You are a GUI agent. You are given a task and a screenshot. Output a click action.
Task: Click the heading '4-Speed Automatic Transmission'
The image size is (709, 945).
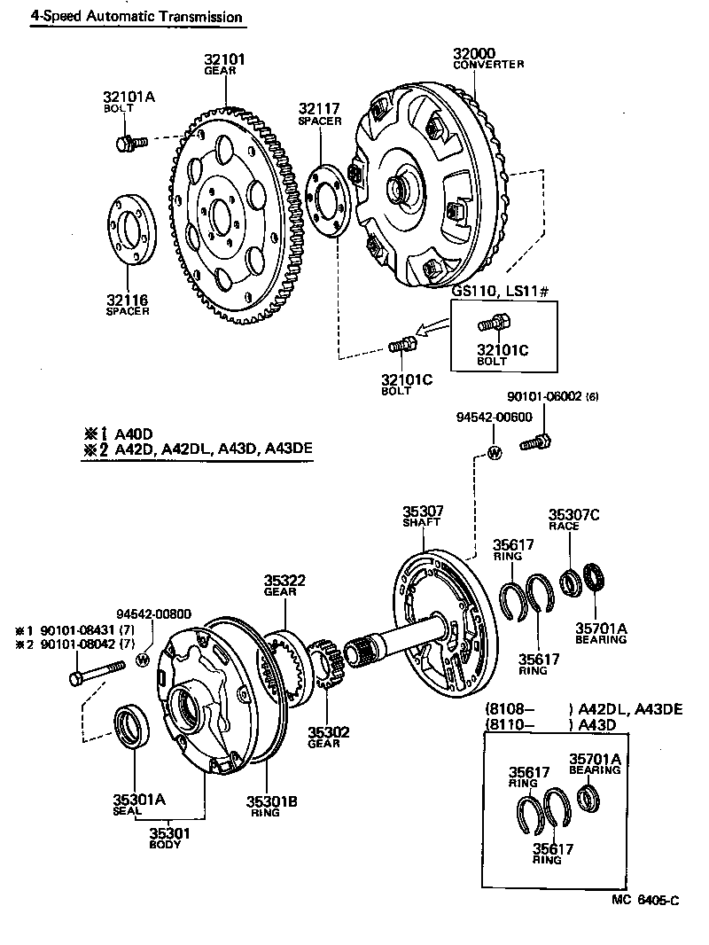pyautogui.click(x=136, y=17)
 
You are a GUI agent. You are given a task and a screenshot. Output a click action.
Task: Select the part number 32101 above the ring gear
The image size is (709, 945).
pyautogui.click(x=226, y=59)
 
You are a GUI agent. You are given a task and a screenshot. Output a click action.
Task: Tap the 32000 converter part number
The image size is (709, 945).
pyautogui.click(x=474, y=53)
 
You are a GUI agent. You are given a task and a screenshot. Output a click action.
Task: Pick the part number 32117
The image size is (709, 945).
pyautogui.click(x=319, y=109)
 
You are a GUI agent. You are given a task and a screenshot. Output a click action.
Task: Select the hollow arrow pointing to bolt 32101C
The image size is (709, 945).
pyautogui.click(x=432, y=331)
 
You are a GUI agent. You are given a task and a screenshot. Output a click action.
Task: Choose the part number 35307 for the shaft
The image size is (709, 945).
pyautogui.click(x=423, y=511)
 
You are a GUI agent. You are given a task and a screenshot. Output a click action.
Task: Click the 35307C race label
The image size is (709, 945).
pyautogui.click(x=573, y=514)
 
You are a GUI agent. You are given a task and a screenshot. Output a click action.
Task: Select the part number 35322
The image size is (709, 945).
pyautogui.click(x=284, y=581)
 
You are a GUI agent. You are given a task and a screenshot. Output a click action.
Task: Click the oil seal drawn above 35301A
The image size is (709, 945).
pyautogui.click(x=131, y=725)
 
